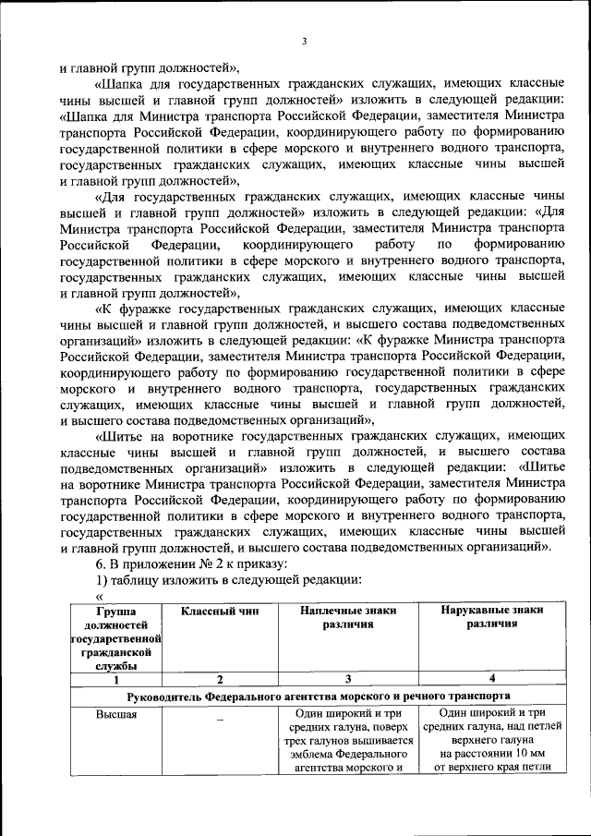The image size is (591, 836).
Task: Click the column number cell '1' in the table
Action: tap(116, 679)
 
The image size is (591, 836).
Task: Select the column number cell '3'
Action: tap(347, 679)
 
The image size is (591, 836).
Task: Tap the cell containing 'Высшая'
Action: tap(115, 713)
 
